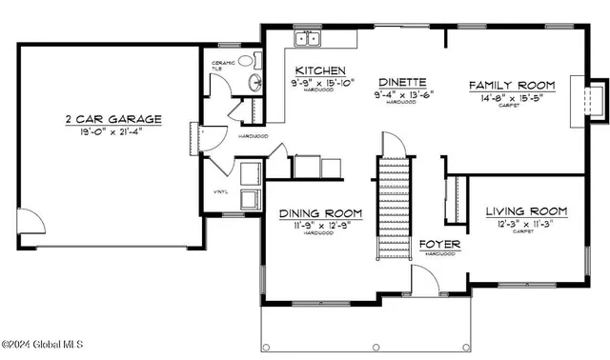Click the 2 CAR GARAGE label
[x=112, y=120]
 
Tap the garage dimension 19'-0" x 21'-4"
[x=112, y=133]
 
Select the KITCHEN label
[x=319, y=71]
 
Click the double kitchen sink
[x=308, y=39]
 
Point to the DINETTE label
[x=401, y=82]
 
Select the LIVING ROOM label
[x=526, y=210]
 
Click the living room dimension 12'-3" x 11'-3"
[x=526, y=223]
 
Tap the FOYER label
[x=440, y=245]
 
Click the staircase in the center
[x=393, y=195]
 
